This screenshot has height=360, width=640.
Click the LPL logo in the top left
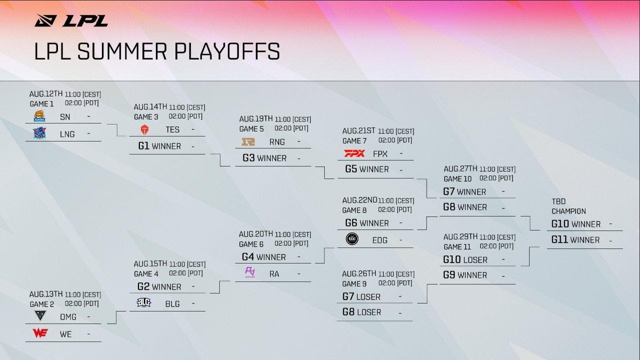pyautogui.click(x=71, y=20)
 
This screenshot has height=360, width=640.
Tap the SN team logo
pyautogui.click(x=39, y=116)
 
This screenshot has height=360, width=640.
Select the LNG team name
pyautogui.click(x=67, y=134)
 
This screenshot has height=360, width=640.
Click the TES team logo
pyautogui.click(x=144, y=129)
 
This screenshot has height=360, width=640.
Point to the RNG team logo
pyautogui.click(x=248, y=141)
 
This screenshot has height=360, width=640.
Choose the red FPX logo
pyautogui.click(x=355, y=153)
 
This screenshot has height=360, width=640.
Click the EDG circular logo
pyautogui.click(x=352, y=240)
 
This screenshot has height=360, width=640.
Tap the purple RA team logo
pyautogui.click(x=250, y=273)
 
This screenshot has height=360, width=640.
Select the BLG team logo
pyautogui.click(x=144, y=303)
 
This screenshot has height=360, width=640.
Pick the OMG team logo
pyautogui.click(x=39, y=316)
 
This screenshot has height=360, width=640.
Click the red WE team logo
pyautogui.click(x=40, y=333)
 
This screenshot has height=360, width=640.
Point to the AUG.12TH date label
pyautogui.click(x=46, y=94)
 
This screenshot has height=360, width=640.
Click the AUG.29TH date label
pyautogui.click(x=461, y=237)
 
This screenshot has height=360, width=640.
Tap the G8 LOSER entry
pyautogui.click(x=362, y=312)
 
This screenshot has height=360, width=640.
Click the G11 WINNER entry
pyautogui.click(x=575, y=240)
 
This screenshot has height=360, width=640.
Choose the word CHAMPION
pyautogui.click(x=569, y=211)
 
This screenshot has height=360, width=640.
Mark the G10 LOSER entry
pyautogui.click(x=465, y=259)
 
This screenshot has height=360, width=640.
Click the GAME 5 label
pyautogui.click(x=251, y=129)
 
